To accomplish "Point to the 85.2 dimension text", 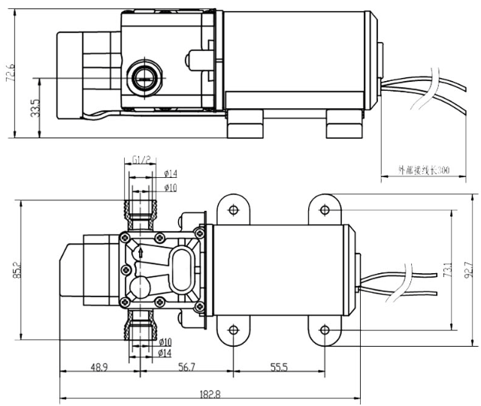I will pyautogui.click(x=15, y=269).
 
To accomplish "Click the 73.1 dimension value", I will pyautogui.click(x=448, y=268).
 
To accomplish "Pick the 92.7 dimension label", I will pyautogui.click(x=468, y=268).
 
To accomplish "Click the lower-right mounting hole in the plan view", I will pyautogui.click(x=324, y=329).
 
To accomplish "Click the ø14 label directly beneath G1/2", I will pyautogui.click(x=169, y=174).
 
